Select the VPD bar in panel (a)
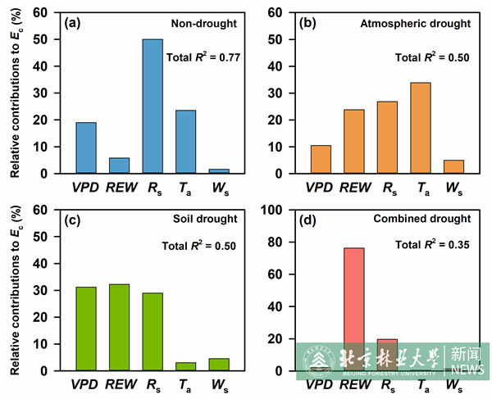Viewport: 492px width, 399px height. (x=86, y=148)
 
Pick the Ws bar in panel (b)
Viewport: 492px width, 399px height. (x=454, y=167)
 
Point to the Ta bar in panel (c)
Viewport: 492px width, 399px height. (x=186, y=366)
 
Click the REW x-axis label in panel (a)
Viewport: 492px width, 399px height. (x=120, y=188)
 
